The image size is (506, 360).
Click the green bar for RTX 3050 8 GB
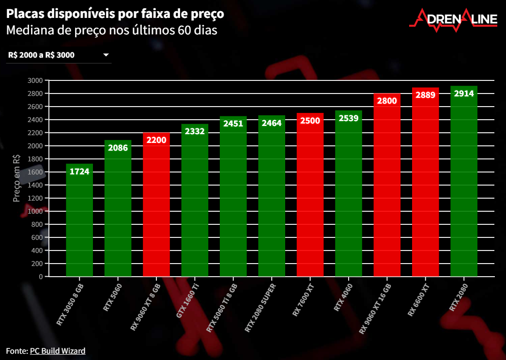tap(79, 223)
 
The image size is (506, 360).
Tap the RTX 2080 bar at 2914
tap(463, 184)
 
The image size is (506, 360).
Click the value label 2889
tap(425, 95)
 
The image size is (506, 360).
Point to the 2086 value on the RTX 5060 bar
tap(118, 148)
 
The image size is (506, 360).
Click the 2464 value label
tap(272, 123)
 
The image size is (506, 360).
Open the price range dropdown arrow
tap(106, 55)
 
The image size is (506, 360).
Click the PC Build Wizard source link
tap(58, 351)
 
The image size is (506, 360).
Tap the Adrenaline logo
tap(453, 19)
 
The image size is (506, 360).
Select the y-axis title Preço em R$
tap(16, 178)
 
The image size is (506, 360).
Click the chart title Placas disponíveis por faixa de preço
tap(115, 14)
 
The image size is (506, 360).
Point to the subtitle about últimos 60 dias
tap(111, 31)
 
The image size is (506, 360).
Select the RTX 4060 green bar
tap(348, 199)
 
